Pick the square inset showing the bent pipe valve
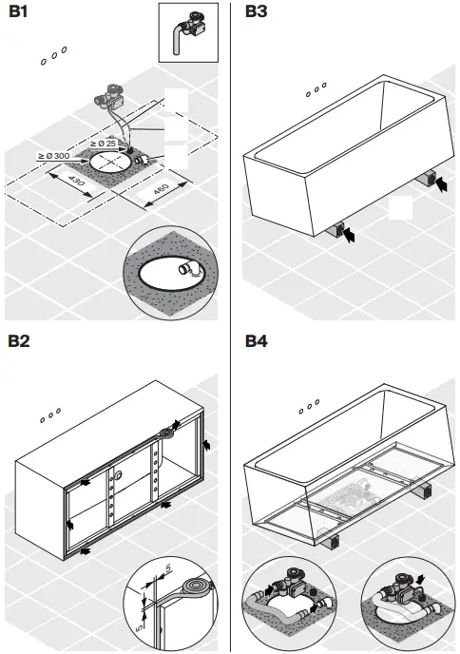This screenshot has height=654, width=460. [x=188, y=31]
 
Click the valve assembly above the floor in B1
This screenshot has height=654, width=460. [x=112, y=96]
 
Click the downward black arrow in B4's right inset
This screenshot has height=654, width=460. [x=422, y=577]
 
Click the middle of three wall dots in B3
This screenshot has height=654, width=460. [x=315, y=91]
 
